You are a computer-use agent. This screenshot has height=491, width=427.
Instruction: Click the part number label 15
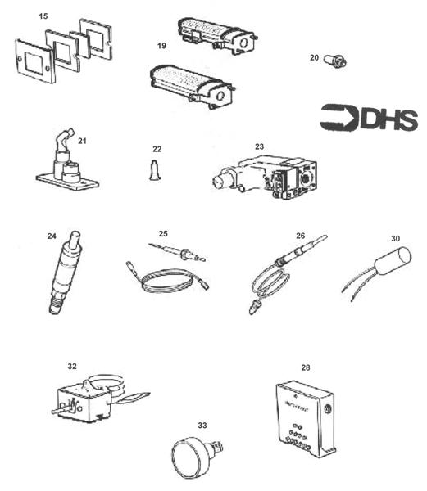click(43, 16)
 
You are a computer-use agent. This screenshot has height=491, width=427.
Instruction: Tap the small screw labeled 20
click(334, 60)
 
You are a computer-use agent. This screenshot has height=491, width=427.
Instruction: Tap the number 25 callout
click(163, 233)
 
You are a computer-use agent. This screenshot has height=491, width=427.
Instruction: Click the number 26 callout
click(301, 236)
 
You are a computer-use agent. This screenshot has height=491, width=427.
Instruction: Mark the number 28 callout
click(306, 368)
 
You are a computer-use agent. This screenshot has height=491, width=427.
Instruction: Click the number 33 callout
click(202, 425)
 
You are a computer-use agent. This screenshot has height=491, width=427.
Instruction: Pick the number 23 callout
click(259, 146)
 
